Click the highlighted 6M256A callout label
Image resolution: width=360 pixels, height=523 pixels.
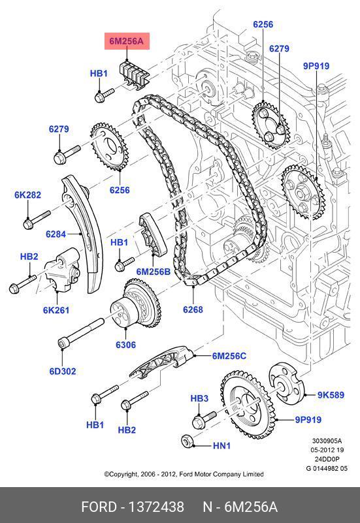(127, 41)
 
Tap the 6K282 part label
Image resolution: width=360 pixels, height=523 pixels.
(27, 195)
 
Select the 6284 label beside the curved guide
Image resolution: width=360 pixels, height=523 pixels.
(56, 234)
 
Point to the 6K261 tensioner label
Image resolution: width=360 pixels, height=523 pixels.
(56, 310)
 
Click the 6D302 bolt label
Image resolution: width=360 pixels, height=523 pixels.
(63, 372)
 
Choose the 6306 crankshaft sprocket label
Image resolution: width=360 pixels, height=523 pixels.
(126, 345)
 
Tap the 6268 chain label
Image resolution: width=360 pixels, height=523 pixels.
(193, 309)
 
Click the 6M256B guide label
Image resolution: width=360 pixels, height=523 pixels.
(153, 272)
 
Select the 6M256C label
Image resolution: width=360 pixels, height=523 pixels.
(229, 356)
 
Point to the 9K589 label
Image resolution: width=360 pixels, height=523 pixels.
(331, 395)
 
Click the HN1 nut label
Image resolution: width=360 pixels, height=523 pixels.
(221, 445)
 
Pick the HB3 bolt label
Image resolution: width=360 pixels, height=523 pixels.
(199, 398)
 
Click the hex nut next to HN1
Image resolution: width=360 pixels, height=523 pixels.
(186, 441)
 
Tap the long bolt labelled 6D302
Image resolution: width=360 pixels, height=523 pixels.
(81, 334)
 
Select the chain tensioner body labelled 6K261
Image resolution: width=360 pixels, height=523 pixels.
(62, 272)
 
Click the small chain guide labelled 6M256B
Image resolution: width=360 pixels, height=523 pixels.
(152, 235)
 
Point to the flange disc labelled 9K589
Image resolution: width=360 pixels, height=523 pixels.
(287, 382)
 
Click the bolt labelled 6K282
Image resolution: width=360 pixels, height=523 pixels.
(37, 220)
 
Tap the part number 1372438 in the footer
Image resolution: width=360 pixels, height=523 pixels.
(156, 507)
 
